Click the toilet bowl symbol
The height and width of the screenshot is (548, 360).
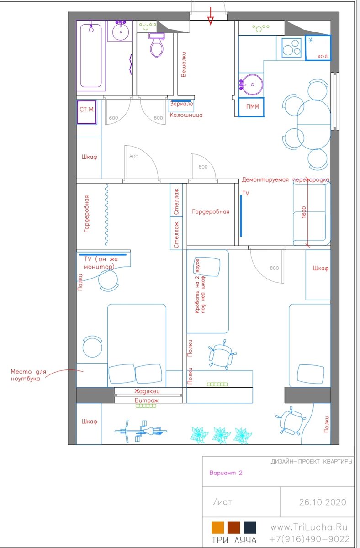tap(156, 45)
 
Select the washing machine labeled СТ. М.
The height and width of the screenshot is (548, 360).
tap(87, 112)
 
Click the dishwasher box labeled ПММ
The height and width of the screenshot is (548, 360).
tap(251, 107)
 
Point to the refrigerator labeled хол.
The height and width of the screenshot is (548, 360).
tap(318, 47)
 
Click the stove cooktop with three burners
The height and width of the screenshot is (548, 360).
tap(291, 48)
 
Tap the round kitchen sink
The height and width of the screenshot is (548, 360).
tap(252, 85)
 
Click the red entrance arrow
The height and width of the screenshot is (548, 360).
tap(211, 16)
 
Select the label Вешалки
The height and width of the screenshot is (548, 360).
tap(183, 64)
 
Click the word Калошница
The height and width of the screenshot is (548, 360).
tap(186, 115)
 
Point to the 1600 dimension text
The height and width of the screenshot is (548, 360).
tap(304, 212)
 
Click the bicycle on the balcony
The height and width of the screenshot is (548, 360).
tap(141, 431)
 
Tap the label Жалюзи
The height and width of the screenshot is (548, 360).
tap(147, 391)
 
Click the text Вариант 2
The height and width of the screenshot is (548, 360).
tap(226, 473)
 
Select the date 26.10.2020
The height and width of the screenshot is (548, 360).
tap(323, 502)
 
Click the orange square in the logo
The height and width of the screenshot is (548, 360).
tap(217, 527)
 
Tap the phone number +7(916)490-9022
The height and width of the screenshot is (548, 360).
tap(309, 539)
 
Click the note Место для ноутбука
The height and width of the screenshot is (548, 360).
tap(28, 375)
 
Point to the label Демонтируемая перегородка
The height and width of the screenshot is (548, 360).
tap(285, 180)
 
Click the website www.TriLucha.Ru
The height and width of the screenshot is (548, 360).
tap(309, 527)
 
